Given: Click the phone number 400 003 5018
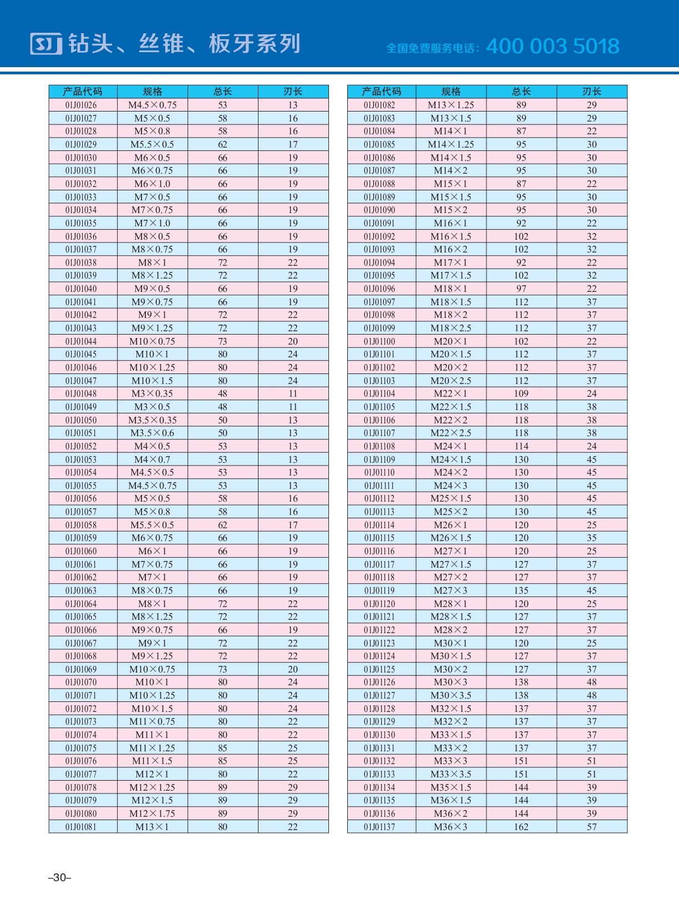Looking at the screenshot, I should coord(553,46).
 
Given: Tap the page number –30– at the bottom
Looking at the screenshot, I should coord(60,877).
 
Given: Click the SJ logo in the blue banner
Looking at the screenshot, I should coord(46,44).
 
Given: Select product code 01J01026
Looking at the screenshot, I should coord(81,105).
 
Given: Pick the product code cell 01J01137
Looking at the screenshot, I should coord(379,827).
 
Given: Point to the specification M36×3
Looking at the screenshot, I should coord(450,827).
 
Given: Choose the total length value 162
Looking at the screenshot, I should coord(521,827).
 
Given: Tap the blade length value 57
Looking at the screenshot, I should coord(592,827).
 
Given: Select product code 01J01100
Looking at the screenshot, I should coord(379,341).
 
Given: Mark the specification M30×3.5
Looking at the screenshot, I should coord(450,695).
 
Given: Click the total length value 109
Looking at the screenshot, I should coord(521,393).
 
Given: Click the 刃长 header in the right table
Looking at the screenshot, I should coord(592,92).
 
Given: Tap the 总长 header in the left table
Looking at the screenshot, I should coord(222,92).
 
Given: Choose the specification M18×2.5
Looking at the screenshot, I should coord(450,328).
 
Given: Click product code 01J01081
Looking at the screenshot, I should coord(81,827).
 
